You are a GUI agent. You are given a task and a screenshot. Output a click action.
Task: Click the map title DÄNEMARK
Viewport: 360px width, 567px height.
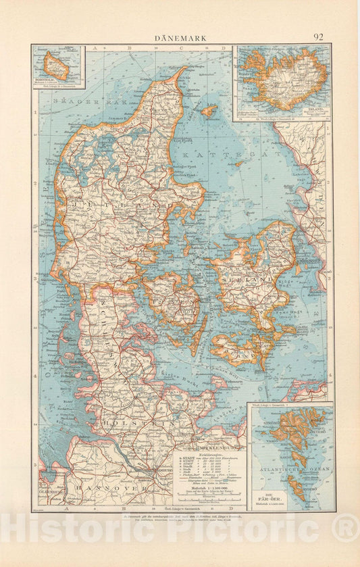point(180,38)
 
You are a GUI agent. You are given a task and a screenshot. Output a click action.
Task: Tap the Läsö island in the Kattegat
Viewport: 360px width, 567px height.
point(209,110)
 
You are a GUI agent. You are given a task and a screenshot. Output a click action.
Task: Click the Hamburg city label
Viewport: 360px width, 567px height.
point(158,470)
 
